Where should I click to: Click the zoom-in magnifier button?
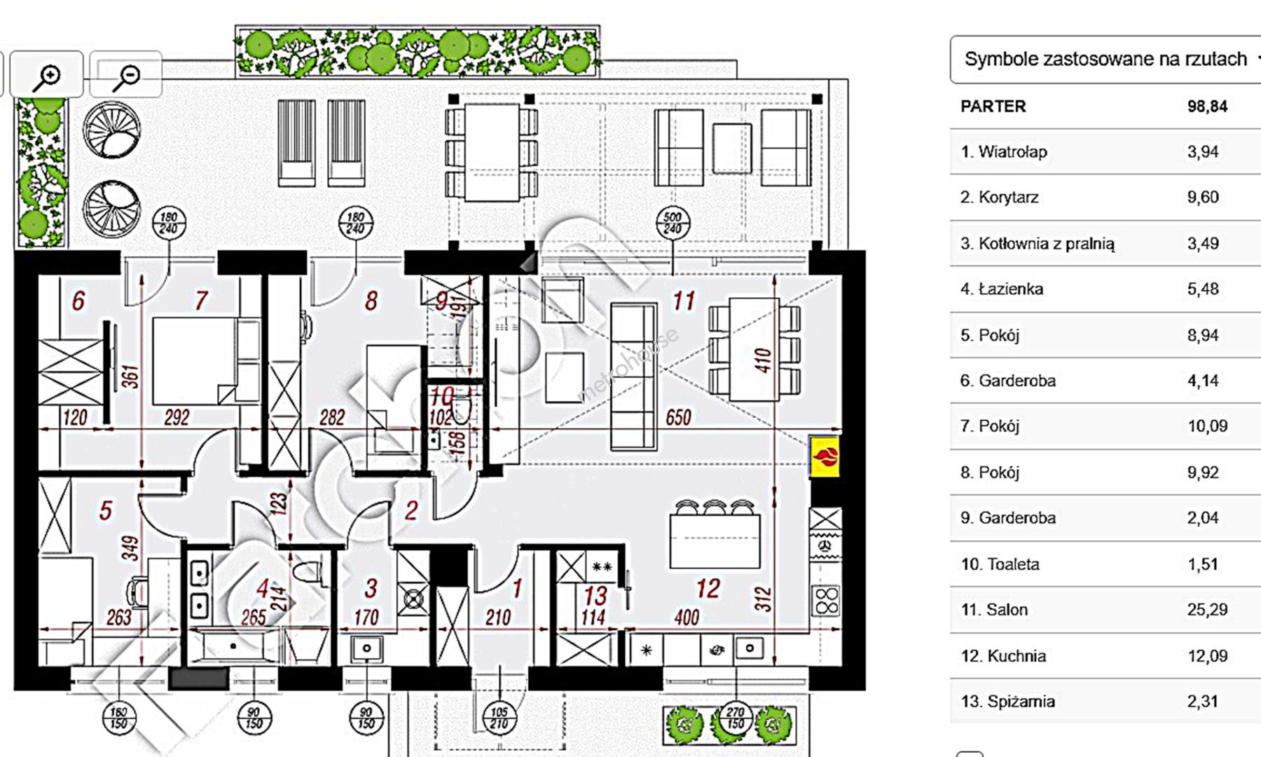click(47, 74)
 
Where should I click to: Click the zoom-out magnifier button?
click(126, 74)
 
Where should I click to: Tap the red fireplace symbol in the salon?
click(825, 457)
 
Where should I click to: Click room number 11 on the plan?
click(684, 301)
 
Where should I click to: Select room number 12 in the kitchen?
click(708, 588)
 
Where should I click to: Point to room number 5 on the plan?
click(105, 510)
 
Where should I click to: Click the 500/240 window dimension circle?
click(673, 223)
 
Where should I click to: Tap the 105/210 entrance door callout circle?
click(498, 718)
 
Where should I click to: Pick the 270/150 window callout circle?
click(735, 718)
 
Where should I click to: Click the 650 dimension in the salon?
click(678, 418)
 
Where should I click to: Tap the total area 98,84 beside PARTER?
click(1207, 107)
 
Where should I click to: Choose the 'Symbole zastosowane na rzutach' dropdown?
click(1105, 60)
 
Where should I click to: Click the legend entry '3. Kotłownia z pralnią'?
click(1037, 244)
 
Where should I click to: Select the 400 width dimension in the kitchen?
click(687, 618)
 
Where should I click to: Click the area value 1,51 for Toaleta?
click(1203, 564)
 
